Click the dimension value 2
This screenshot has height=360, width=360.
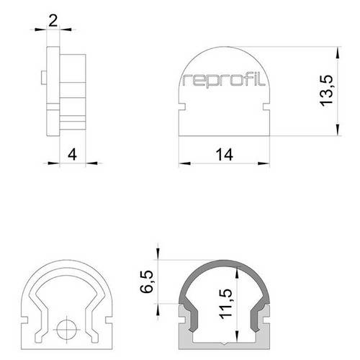pos(53,20)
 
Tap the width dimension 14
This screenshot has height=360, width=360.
pos(224,153)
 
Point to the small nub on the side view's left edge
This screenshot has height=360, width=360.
pos(45,76)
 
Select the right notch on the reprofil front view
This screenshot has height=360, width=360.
pos(267,108)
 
